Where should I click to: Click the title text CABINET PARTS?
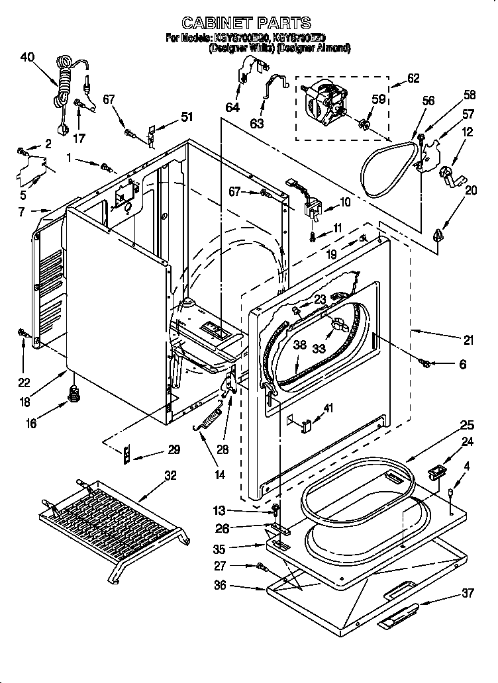[x=246, y=23]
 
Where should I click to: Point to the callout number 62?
[x=413, y=78]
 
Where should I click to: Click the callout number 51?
[x=187, y=117]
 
